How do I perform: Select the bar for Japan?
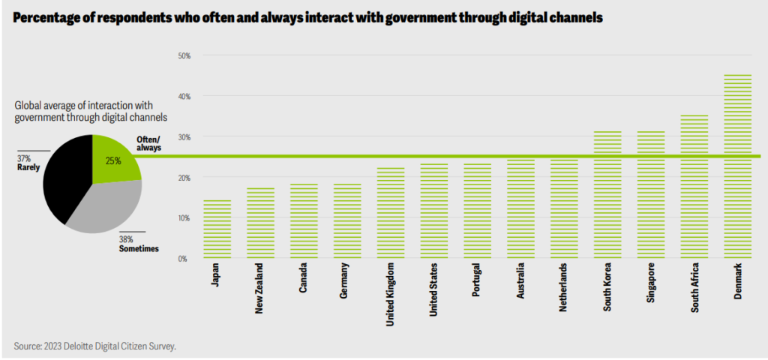point(217,229)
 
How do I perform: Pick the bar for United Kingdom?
point(389,213)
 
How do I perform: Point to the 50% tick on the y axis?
point(184,55)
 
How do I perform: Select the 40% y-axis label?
point(184,96)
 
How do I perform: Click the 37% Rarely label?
point(28,163)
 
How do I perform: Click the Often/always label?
point(148,144)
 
